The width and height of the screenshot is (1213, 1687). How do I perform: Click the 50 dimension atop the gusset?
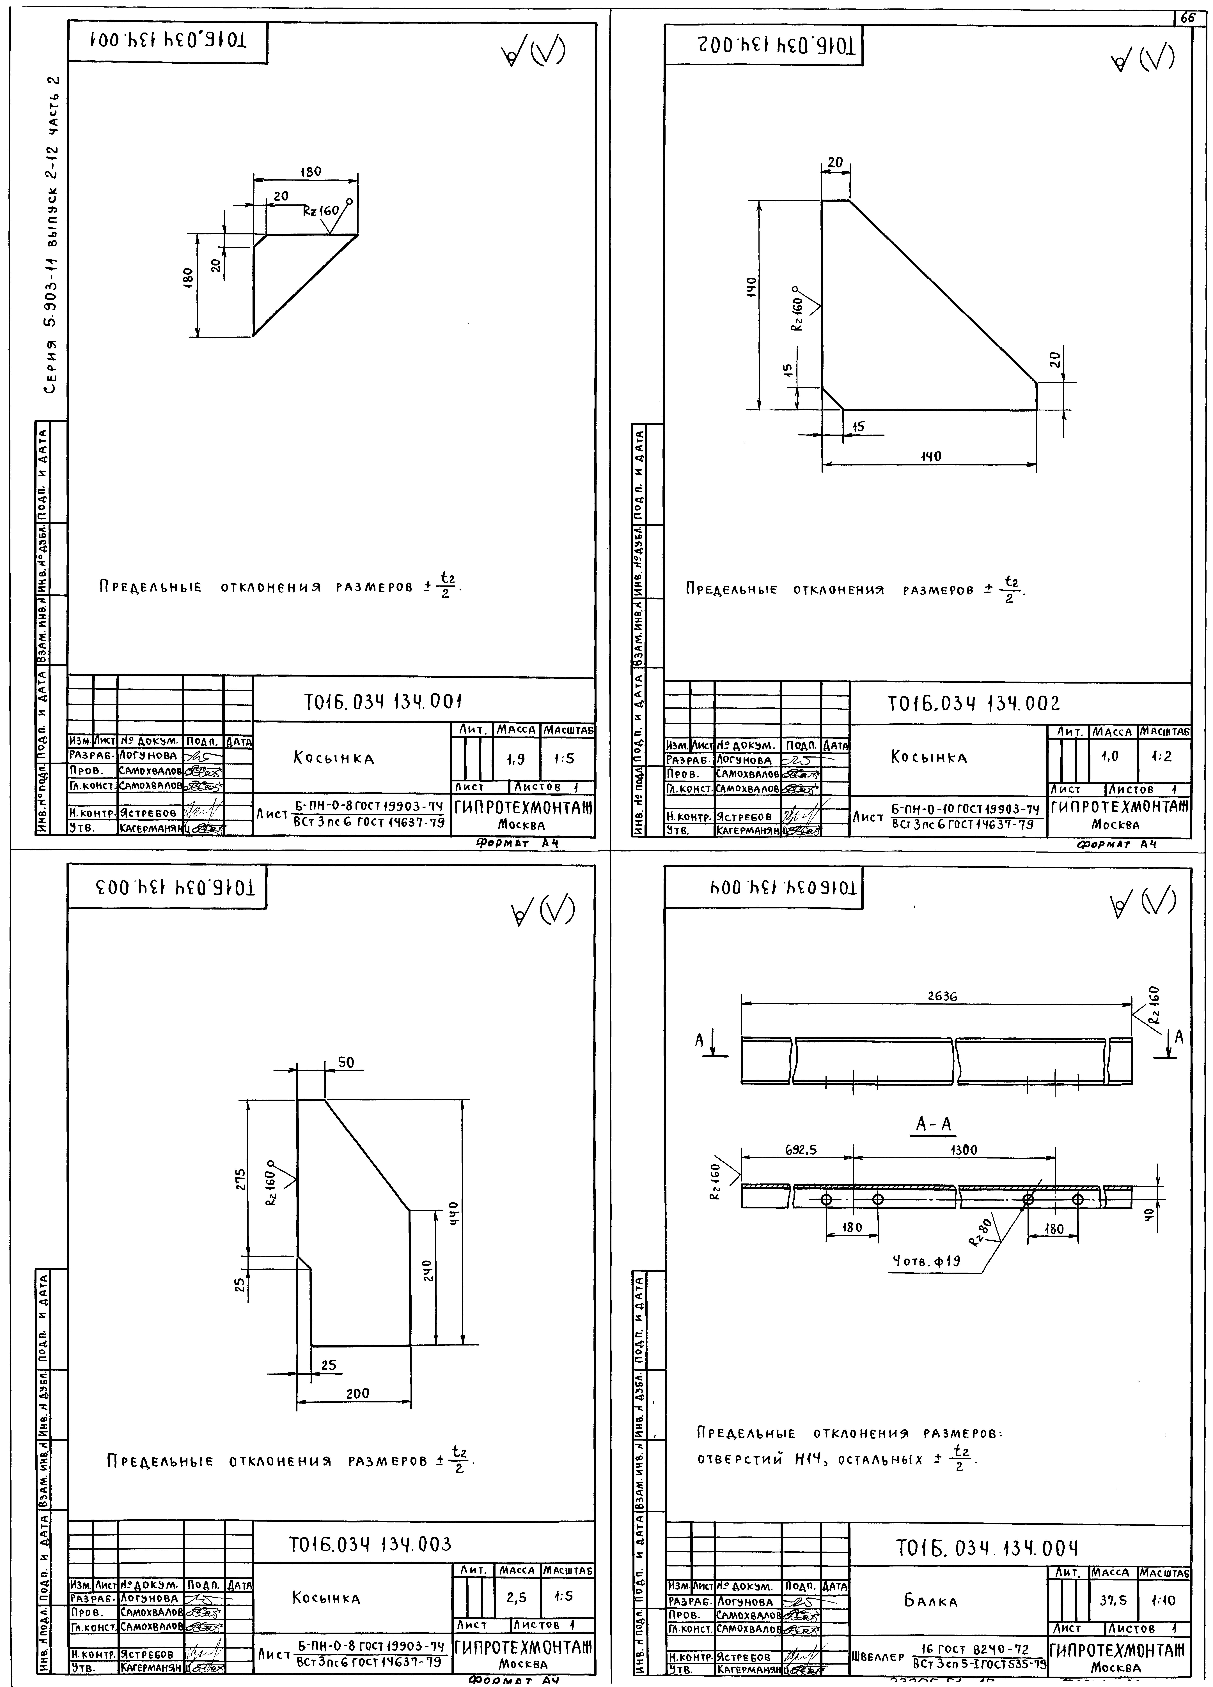pyautogui.click(x=346, y=1063)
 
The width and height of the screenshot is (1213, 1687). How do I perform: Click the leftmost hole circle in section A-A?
pyautogui.click(x=825, y=1199)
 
